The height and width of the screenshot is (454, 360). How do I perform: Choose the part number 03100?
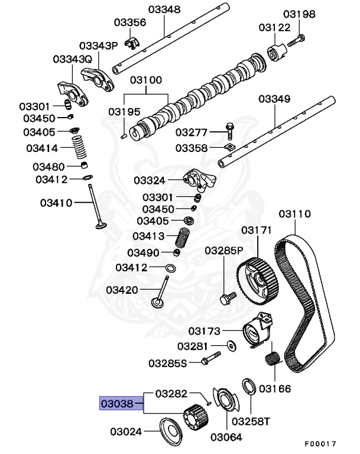coord(146,79)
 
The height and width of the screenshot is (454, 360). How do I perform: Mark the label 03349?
coord(274,99)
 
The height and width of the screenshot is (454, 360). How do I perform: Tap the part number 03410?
coord(56,203)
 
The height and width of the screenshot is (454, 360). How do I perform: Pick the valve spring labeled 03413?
coord(183,238)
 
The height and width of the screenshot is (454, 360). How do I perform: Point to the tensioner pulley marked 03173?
coord(256,329)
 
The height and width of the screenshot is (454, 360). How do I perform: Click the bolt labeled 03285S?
coord(210,358)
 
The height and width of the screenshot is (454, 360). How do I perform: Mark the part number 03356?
coord(129,22)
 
